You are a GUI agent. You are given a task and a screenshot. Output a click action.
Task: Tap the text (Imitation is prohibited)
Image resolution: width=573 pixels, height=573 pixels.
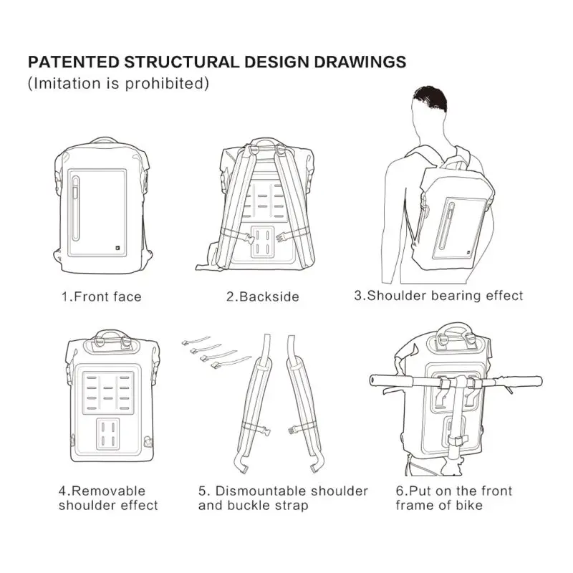coord(118,83)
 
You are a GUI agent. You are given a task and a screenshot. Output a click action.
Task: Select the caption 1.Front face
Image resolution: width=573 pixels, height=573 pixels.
coord(100,297)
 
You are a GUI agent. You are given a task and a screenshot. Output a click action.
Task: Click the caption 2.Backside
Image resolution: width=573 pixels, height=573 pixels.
coord(263,297)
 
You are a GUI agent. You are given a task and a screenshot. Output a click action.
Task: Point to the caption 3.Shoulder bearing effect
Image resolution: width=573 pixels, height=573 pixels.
coord(438,295)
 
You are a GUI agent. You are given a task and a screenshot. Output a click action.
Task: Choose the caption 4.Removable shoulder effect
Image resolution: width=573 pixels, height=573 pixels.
coord(107,498)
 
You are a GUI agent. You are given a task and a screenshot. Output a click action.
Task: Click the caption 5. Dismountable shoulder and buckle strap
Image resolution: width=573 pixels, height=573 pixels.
coord(283,498)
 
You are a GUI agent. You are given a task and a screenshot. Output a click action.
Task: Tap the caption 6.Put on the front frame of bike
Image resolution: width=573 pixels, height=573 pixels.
coord(453,498)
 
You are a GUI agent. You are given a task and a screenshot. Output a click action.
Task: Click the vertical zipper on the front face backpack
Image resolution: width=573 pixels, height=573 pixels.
coord(77,208)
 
